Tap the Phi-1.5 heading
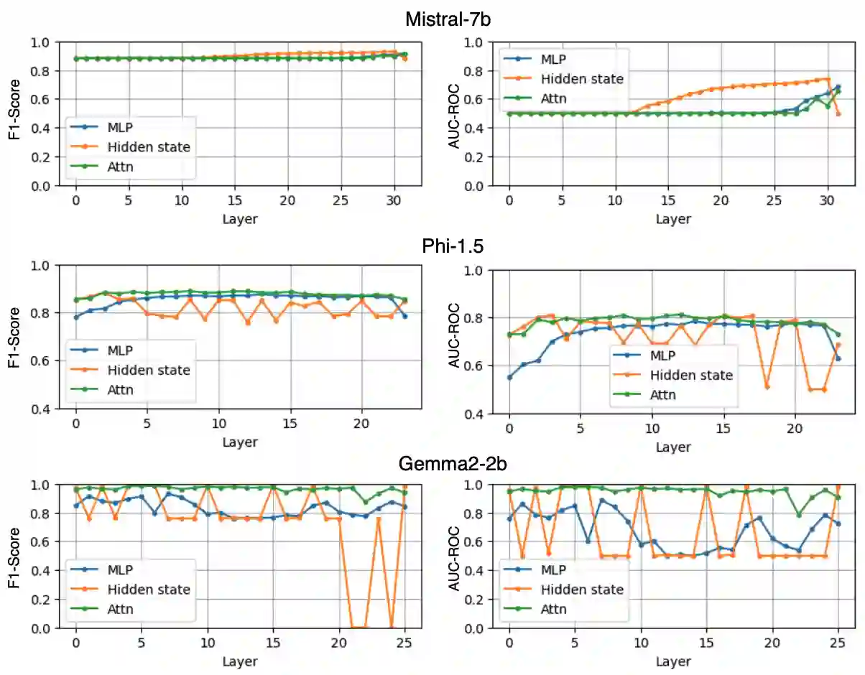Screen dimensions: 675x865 point(453,246)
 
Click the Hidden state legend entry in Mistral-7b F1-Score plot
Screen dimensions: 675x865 point(148,147)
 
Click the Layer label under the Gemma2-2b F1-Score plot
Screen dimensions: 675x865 point(240,661)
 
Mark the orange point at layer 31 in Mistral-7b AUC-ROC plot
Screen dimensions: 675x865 point(838,113)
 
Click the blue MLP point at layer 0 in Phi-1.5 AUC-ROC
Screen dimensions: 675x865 point(509,377)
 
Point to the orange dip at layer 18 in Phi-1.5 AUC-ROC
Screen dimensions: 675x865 point(767,387)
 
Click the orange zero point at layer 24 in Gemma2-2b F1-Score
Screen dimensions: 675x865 point(392,628)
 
